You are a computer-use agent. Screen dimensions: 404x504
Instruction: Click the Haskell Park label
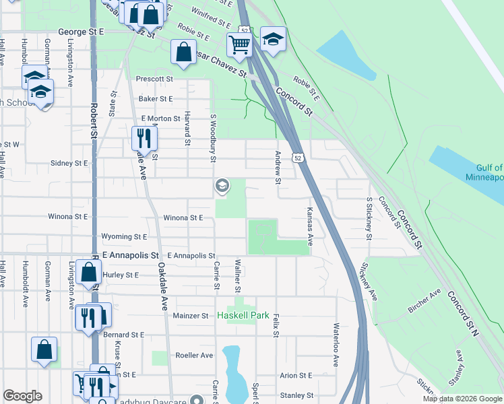pos(243,315)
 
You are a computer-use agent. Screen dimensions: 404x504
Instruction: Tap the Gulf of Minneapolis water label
pos(484,172)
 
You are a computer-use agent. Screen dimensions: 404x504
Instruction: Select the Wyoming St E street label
pos(124,237)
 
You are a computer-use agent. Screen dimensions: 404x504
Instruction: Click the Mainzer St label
pos(191,315)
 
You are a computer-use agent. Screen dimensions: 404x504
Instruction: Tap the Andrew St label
pos(277,166)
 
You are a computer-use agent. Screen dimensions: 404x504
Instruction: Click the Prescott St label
pos(154,79)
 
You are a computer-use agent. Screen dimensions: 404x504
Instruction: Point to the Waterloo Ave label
pos(335,343)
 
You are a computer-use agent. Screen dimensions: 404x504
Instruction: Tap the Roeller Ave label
pos(194,355)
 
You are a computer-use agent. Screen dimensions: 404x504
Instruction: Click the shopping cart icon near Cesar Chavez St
pos(239,45)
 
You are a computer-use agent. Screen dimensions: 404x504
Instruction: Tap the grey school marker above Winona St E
pos(222,185)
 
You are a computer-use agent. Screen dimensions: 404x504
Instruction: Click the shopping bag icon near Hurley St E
pos(88,273)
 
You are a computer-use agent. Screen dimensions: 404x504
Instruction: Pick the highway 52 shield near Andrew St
pos(297,157)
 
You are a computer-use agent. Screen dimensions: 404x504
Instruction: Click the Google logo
pos(23,396)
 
